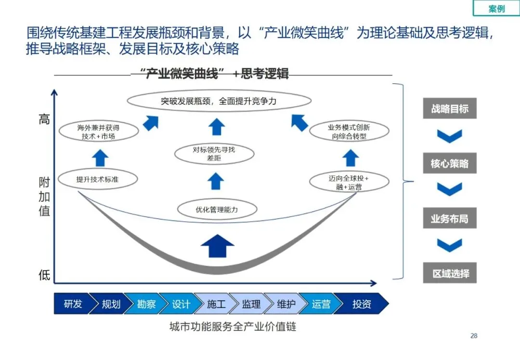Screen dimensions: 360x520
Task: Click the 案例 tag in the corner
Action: pos(496,9)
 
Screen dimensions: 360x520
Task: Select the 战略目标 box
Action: pos(450,108)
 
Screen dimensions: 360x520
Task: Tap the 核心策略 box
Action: pos(450,164)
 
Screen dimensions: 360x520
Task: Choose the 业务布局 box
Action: pos(450,219)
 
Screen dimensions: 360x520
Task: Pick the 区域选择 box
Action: pos(450,274)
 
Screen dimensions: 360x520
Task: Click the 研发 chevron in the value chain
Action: pos(73,304)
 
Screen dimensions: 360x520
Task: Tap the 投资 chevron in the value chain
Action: pos(362,304)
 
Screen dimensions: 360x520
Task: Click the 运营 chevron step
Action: pos(321,304)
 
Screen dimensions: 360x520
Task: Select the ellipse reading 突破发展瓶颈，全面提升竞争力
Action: pos(219,102)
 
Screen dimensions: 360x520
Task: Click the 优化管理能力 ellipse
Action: pos(217,210)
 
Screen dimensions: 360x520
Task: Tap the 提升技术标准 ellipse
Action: pos(97,180)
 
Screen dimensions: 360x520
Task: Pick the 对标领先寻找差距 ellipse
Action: pos(214,154)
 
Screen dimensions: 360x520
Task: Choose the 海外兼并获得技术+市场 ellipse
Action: pos(98,132)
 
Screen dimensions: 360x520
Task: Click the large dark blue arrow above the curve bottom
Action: pos(217,246)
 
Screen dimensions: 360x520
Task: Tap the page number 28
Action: pos(474,336)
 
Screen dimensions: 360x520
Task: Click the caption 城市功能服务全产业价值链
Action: pos(233,327)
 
